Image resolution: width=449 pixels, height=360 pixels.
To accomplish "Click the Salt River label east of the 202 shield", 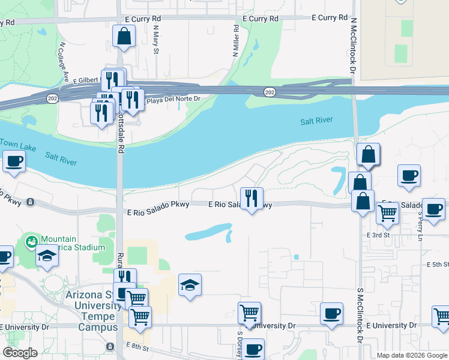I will pos(316,121).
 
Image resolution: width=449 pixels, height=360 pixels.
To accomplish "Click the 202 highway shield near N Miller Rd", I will pos(269,91).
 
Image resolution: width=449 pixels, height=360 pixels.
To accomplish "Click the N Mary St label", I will pos(155,39).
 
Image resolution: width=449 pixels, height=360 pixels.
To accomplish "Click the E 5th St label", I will pos(437,264).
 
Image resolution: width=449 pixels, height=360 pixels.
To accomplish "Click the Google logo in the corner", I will pos(20,353).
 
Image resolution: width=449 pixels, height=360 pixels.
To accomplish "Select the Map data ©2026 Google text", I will pos(411,355).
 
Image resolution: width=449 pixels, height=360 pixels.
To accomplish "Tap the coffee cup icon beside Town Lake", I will pos(14,161).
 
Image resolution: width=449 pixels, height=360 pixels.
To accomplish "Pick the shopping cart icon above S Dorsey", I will pos(249,312).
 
